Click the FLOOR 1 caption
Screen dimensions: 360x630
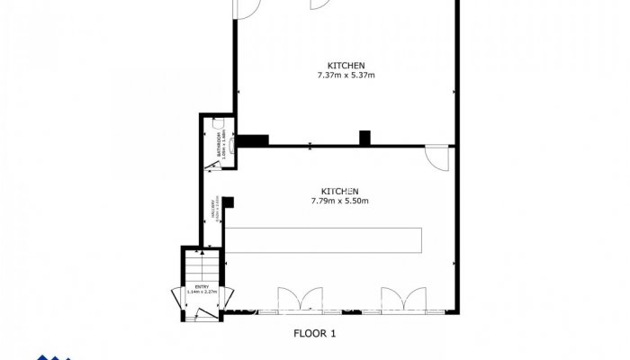[x=315, y=333]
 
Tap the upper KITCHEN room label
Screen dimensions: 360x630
[x=346, y=66]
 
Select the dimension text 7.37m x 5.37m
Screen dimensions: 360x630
[x=346, y=76]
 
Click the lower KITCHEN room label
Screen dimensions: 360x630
[x=340, y=191]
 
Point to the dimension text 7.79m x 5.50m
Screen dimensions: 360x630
[x=340, y=200]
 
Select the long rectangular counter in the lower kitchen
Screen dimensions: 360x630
[x=323, y=240]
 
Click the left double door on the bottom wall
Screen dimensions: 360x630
[x=299, y=301]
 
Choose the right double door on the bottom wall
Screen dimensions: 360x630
[x=401, y=301]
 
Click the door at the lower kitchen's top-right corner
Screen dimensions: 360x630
[x=437, y=157]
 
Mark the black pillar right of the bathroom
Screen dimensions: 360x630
[x=254, y=139]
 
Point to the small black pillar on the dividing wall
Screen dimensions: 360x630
[x=364, y=138]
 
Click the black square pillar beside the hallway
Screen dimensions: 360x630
[x=229, y=203]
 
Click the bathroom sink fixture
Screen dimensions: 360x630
[x=234, y=142]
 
